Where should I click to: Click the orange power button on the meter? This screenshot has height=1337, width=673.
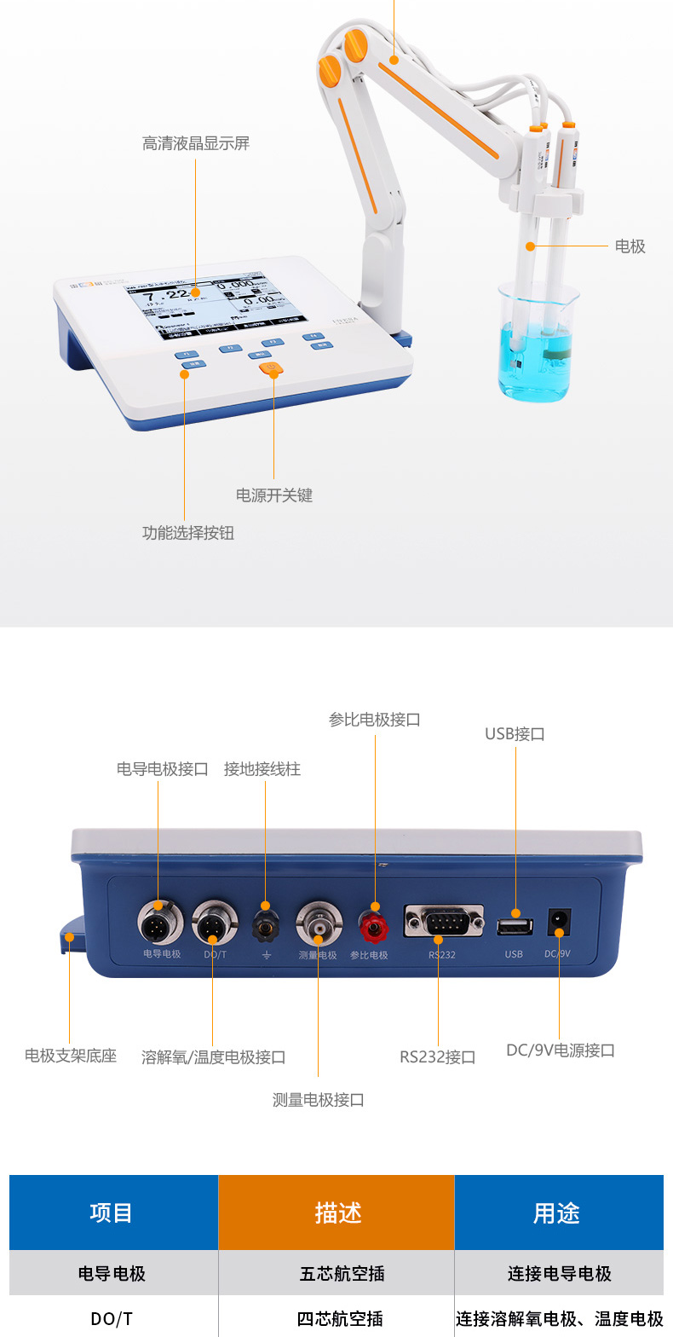[271, 369]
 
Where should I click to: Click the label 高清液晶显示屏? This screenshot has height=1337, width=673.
[195, 143]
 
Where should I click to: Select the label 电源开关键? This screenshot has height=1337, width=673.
[274, 495]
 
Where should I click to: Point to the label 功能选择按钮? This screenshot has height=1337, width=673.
[187, 533]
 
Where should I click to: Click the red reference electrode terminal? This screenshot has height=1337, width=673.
[372, 923]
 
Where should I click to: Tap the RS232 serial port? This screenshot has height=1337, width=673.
[443, 921]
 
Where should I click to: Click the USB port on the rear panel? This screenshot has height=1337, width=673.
[515, 925]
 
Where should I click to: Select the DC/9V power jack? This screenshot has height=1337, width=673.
[559, 922]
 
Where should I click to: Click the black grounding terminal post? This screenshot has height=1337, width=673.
[266, 924]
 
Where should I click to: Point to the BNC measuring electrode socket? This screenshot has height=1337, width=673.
[319, 923]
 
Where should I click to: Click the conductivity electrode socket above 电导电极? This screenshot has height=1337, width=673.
[160, 922]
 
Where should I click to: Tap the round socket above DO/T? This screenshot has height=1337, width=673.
[213, 923]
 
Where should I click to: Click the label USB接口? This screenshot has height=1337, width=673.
[515, 733]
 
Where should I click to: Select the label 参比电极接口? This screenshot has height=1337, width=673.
[375, 720]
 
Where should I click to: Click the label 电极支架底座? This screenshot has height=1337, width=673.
[70, 1056]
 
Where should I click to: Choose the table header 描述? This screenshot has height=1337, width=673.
[336, 1213]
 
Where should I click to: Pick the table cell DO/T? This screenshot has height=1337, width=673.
[112, 1318]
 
